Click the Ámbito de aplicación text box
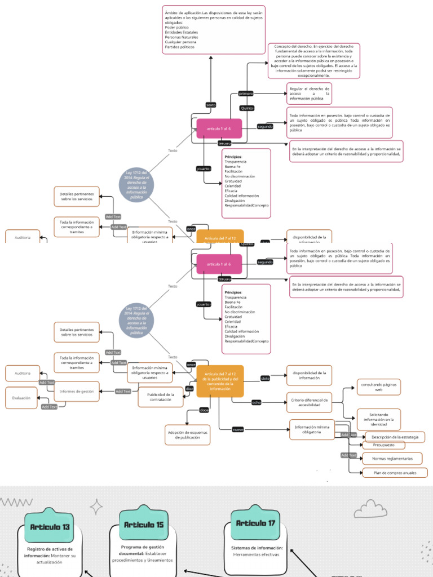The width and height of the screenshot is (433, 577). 213,29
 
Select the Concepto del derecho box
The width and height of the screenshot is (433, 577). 313,60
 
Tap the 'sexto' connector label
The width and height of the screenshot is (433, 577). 211,105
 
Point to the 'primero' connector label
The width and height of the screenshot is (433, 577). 246,94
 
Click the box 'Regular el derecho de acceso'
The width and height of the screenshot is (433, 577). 309,94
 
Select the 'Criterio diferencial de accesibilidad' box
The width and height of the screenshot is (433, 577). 309,402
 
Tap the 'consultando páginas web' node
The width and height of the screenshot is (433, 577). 378,387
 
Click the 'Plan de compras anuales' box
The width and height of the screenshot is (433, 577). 395,473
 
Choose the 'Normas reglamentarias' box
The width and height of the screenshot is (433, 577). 392,458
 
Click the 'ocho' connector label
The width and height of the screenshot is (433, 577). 257,402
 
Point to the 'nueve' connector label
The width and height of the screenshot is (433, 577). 238,430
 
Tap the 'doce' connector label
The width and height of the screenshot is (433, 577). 204,410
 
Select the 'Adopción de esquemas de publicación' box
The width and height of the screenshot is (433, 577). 187,434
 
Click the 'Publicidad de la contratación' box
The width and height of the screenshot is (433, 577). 161,397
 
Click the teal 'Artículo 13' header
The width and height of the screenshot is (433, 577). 50,527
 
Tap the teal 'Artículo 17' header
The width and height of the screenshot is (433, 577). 255,523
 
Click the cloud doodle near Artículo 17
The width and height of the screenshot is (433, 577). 370,509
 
